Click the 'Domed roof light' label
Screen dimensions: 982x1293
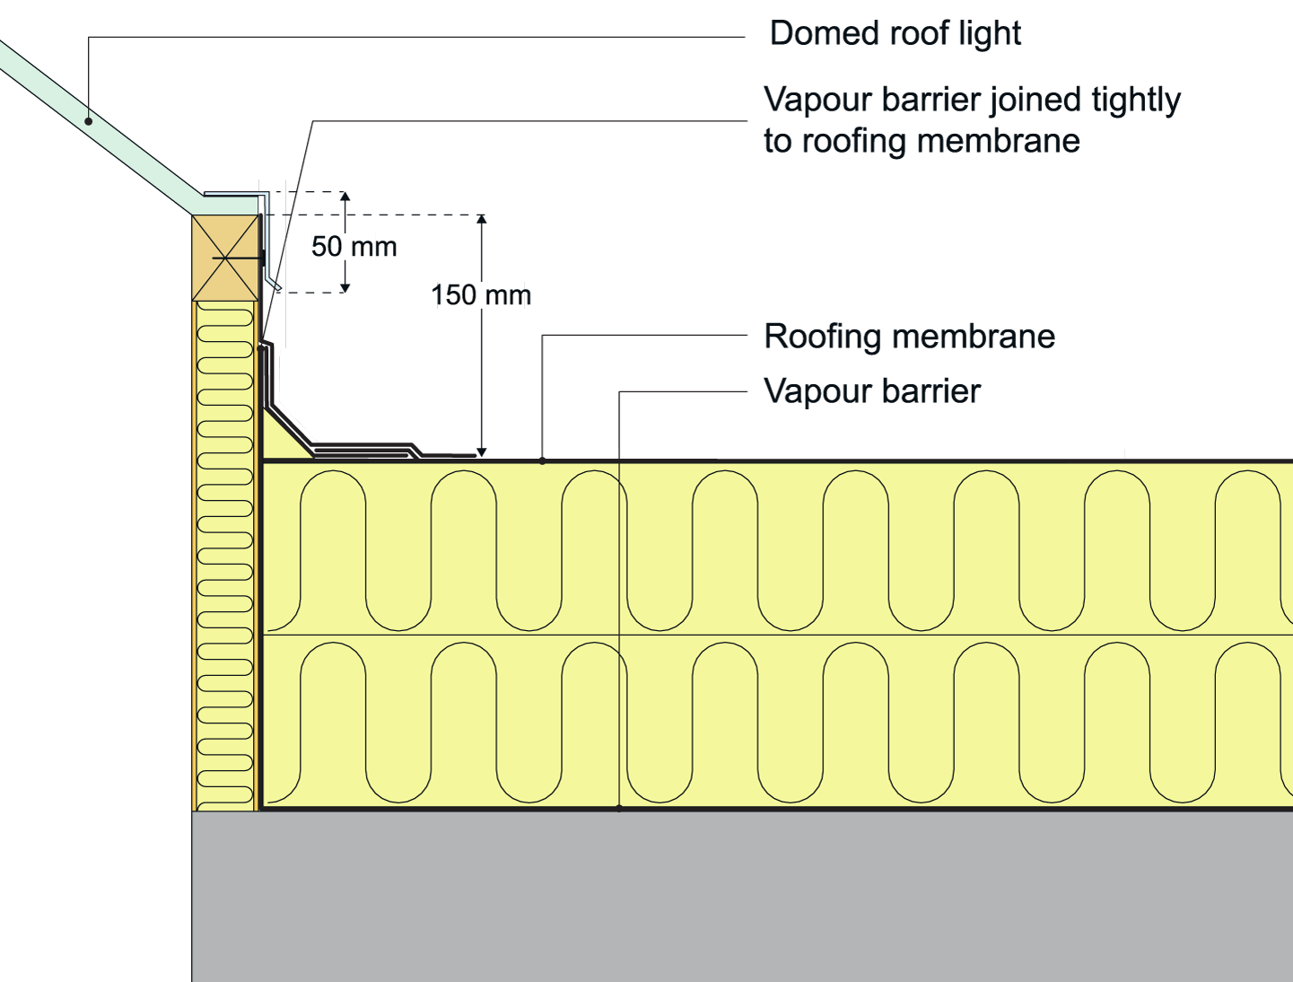(894, 34)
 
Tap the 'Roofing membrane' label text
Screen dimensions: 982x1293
(908, 337)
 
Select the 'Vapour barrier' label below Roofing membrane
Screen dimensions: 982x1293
(871, 391)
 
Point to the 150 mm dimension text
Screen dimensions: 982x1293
(482, 294)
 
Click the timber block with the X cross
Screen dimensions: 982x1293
(224, 258)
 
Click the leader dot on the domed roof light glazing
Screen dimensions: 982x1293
(89, 120)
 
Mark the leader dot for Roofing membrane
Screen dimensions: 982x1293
(542, 460)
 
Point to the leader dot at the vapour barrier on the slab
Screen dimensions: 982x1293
(619, 809)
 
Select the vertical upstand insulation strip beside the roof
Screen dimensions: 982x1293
(224, 557)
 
